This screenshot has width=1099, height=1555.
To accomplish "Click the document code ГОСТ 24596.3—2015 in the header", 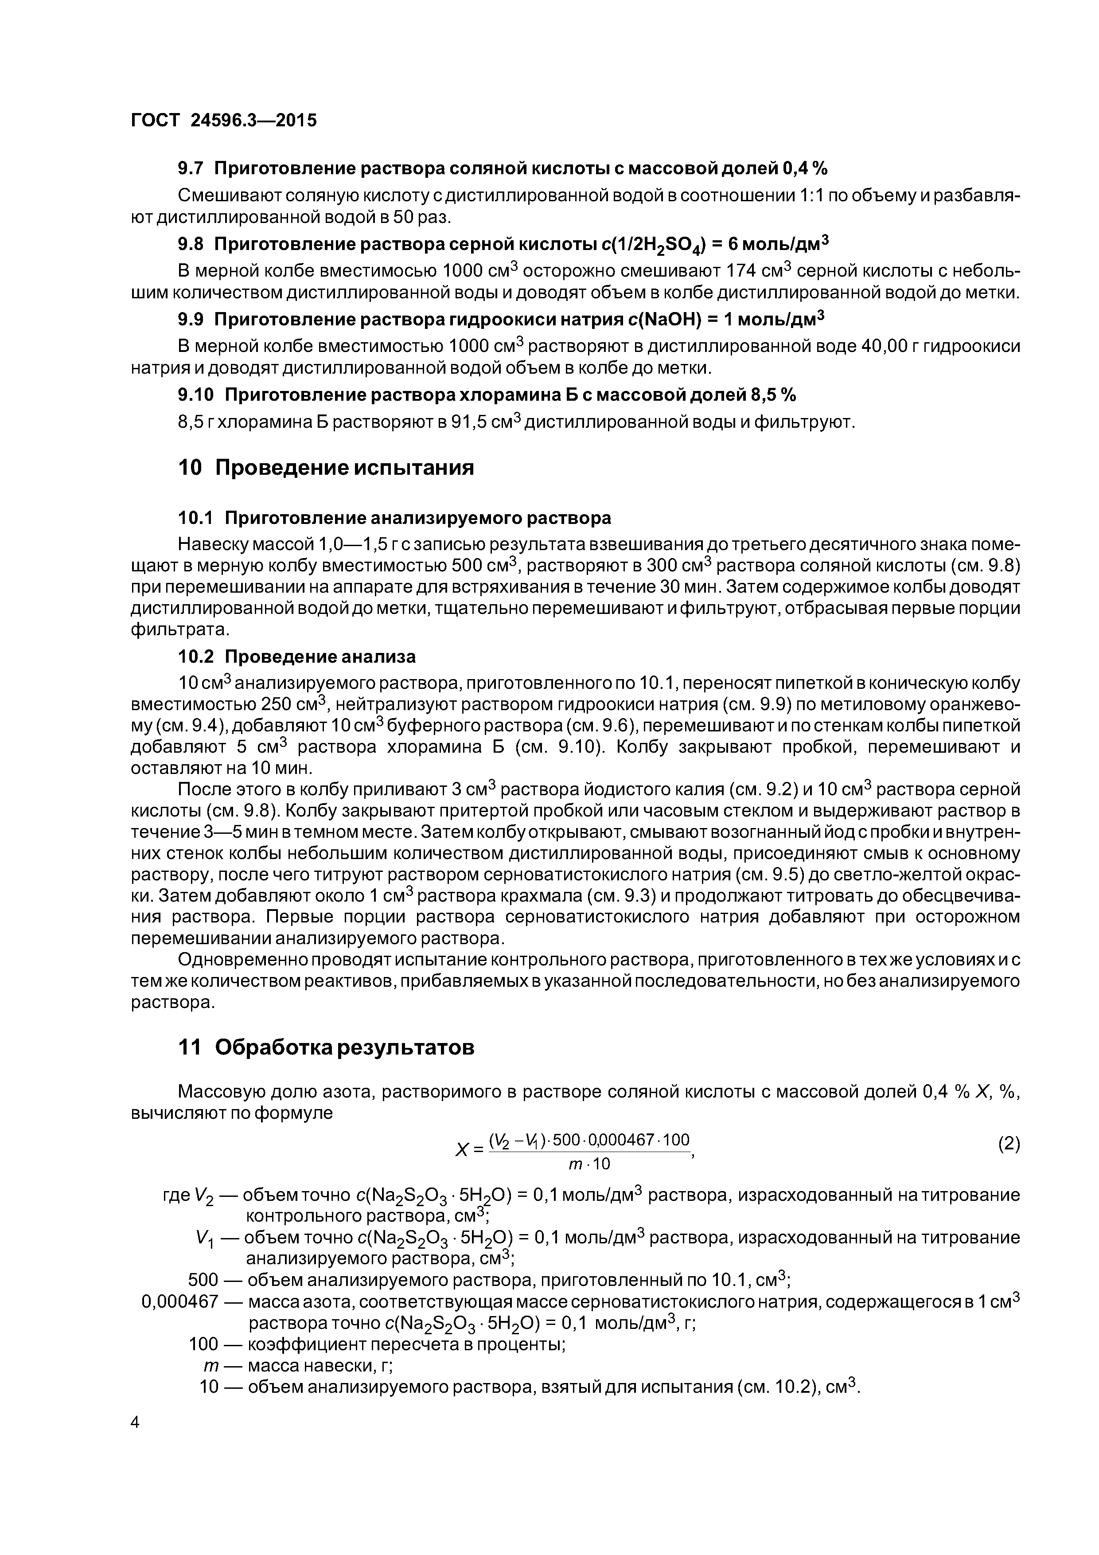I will [223, 121].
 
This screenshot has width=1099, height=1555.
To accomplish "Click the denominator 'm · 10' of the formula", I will [589, 1164].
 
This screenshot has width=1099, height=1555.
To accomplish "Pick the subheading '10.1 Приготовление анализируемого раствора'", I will [394, 518].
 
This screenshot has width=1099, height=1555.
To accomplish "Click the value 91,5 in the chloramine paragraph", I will [470, 422].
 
